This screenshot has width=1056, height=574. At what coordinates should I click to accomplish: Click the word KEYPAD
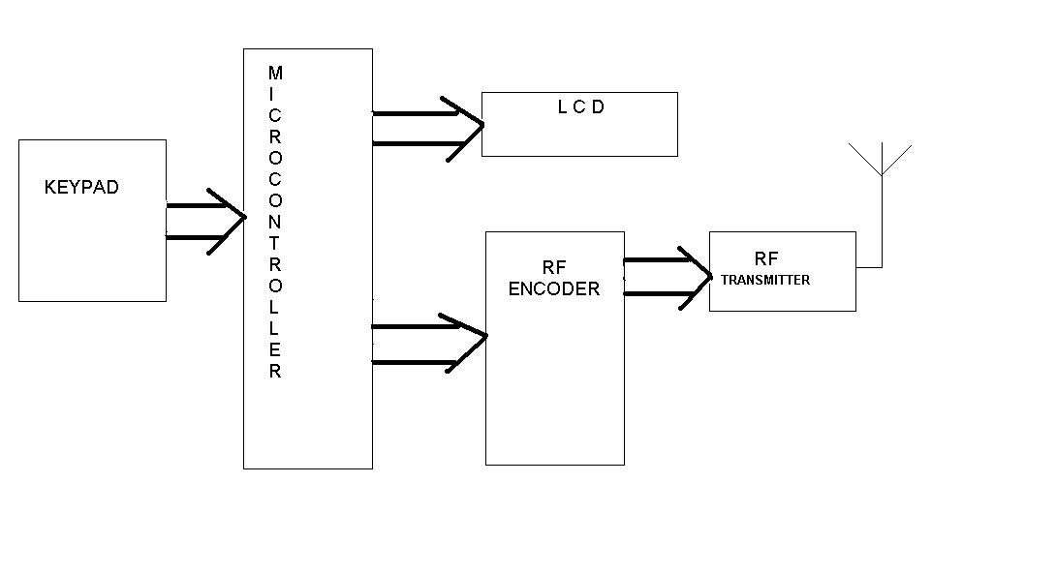pyautogui.click(x=81, y=188)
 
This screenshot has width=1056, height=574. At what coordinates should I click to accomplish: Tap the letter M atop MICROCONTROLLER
pyautogui.click(x=275, y=74)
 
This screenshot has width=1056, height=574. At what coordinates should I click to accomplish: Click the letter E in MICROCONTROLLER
pyautogui.click(x=275, y=350)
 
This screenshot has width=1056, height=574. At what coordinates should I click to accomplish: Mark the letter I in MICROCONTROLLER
pyautogui.click(x=275, y=95)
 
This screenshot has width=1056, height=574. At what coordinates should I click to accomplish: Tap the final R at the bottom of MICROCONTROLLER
pyautogui.click(x=275, y=372)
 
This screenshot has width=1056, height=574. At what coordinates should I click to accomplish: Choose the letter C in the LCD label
pyautogui.click(x=580, y=107)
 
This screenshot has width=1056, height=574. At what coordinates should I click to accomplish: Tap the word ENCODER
pyautogui.click(x=554, y=288)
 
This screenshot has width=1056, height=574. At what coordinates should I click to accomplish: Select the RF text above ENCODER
pyautogui.click(x=554, y=269)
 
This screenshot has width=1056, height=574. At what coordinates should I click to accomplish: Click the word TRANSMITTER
pyautogui.click(x=765, y=280)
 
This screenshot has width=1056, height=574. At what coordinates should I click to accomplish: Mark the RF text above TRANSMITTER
pyautogui.click(x=765, y=259)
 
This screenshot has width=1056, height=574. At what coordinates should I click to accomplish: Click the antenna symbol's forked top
pyautogui.click(x=881, y=160)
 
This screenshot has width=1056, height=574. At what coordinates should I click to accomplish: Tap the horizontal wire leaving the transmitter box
pyautogui.click(x=868, y=266)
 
